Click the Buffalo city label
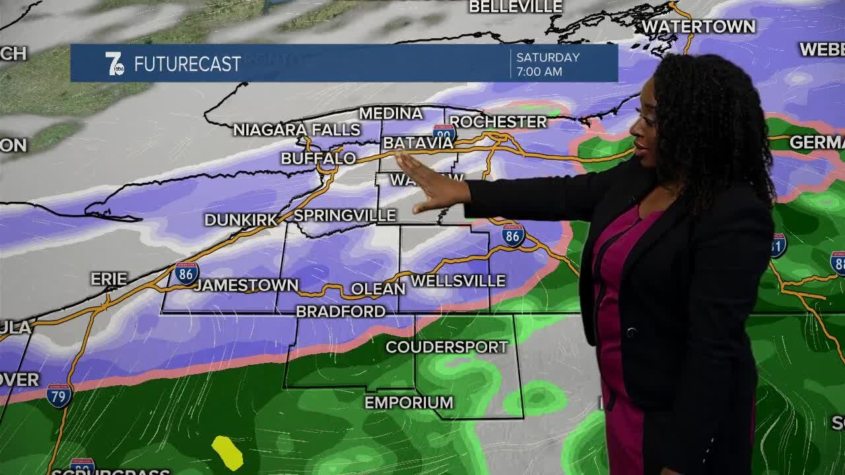click(x=318, y=158)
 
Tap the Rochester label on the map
click(x=498, y=122)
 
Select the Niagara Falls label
click(x=296, y=130)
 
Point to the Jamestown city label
click(x=246, y=285)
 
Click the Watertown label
click(x=698, y=27)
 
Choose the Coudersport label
click(x=447, y=347)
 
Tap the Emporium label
click(x=409, y=402)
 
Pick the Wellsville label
click(x=458, y=281)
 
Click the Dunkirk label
click(x=241, y=220)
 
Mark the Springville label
click(x=345, y=216)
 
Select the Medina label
click(x=391, y=113)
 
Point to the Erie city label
click(x=109, y=279)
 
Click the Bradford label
click(x=341, y=311)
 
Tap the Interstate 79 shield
click(x=59, y=395)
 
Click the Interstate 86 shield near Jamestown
click(x=187, y=272)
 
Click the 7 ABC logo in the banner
click(x=115, y=64)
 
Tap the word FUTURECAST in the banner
click(x=187, y=65)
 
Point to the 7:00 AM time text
click(x=539, y=71)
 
